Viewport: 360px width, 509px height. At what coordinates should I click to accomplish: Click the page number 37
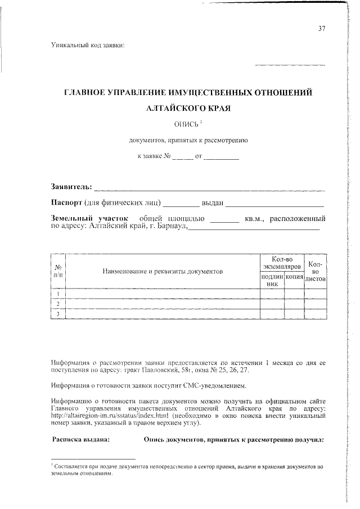click(322, 29)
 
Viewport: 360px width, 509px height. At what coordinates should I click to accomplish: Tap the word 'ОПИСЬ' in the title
click(187, 124)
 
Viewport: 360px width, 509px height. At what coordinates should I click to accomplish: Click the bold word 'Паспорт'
click(67, 202)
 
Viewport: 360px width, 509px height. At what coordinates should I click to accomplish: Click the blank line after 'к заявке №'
click(182, 157)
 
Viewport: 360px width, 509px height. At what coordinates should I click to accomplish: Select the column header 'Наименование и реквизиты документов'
click(163, 271)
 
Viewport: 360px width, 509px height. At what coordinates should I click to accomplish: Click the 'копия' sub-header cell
click(294, 278)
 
